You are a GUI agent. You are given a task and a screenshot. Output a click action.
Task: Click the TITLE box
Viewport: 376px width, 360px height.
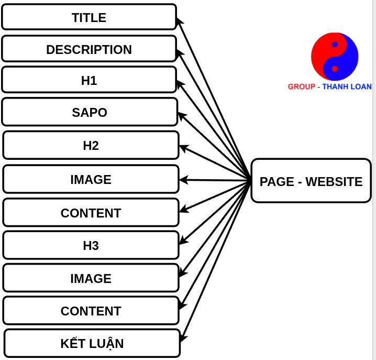(89, 17)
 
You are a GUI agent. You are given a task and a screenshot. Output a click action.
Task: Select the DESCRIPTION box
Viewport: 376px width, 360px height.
(89, 49)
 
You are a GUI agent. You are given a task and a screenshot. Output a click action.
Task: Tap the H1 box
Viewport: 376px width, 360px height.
(89, 80)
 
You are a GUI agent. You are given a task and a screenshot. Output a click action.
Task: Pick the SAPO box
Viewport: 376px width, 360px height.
(90, 112)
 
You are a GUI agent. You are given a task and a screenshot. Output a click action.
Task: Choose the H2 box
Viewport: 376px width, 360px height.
(91, 145)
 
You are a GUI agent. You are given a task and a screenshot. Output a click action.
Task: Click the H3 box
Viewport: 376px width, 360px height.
(91, 245)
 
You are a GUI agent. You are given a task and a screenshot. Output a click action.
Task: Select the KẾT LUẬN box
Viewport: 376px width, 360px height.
(92, 343)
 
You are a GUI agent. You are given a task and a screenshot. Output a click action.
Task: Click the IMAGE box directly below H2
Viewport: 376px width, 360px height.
(91, 179)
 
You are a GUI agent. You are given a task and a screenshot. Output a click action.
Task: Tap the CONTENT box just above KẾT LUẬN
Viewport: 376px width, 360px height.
(91, 311)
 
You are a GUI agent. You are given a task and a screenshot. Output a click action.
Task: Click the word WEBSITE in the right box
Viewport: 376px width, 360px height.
(334, 181)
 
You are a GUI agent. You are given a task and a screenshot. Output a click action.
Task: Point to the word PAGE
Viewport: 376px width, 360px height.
(277, 181)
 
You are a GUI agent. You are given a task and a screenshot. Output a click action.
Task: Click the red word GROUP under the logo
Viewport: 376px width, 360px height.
(302, 86)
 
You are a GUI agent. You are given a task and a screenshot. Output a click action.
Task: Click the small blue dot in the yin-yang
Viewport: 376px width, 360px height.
(335, 45)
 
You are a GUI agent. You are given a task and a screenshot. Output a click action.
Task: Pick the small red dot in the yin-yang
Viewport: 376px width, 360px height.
(335, 69)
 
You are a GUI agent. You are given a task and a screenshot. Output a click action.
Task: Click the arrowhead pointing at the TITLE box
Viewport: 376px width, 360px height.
(179, 21)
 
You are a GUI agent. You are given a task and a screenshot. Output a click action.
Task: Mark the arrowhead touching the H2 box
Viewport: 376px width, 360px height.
(183, 148)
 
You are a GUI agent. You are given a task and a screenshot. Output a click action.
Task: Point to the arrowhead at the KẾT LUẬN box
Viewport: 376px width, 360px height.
(183, 337)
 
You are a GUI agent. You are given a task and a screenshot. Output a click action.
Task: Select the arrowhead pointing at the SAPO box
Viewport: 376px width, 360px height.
(182, 116)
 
